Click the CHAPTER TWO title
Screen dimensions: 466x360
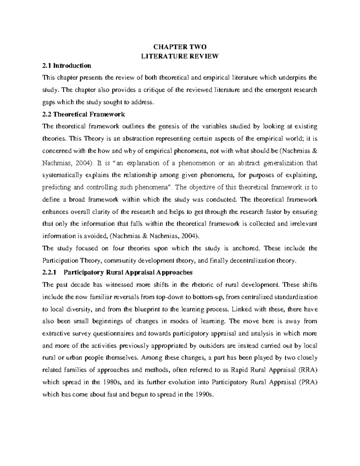click(x=180, y=47)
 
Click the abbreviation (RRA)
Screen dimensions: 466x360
click(x=308, y=370)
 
